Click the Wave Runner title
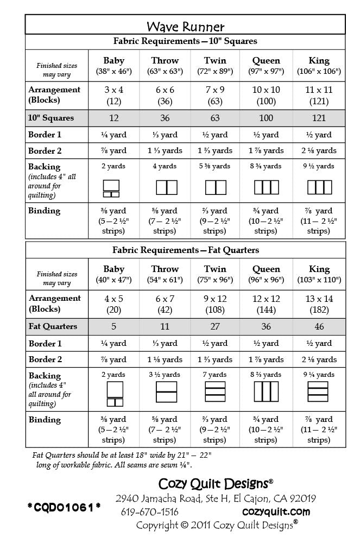[x=185, y=27]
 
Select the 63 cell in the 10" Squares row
[x=215, y=118]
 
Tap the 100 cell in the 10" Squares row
[x=266, y=118]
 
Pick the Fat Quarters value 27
[x=215, y=326]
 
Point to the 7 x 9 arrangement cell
[x=215, y=95]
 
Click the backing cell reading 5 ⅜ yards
[x=215, y=166]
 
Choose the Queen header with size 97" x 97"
[x=266, y=65]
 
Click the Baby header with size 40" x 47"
[x=113, y=274]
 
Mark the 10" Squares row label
[x=51, y=118]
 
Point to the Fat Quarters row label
[x=53, y=326]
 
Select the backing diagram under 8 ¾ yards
[x=266, y=187]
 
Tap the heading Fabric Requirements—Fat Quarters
[x=185, y=250]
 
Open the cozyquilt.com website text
[x=276, y=511]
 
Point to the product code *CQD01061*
[x=64, y=507]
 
